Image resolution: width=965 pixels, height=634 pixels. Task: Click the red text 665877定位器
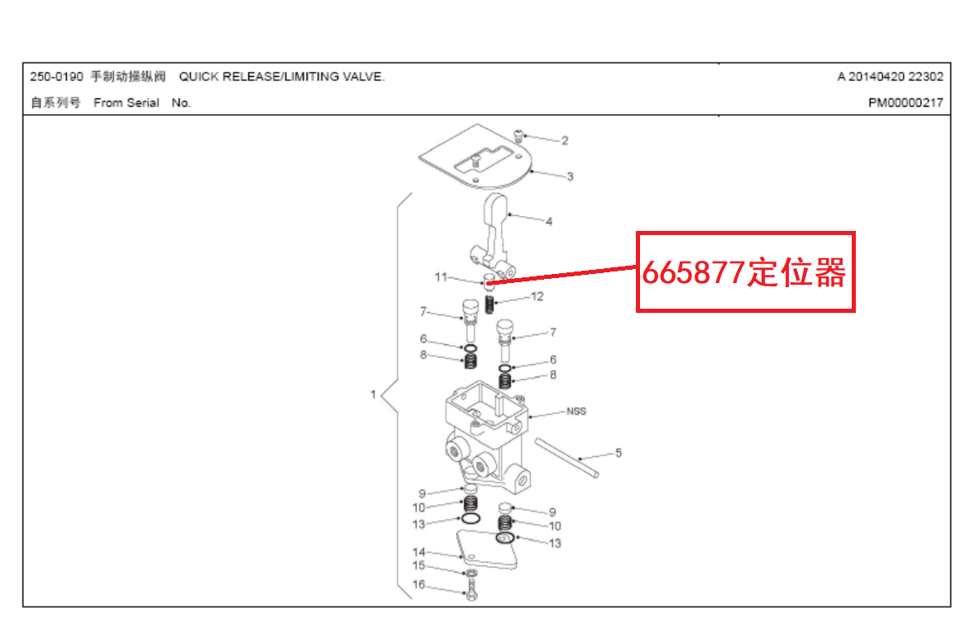(x=744, y=272)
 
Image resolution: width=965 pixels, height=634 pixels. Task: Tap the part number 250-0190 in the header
(x=56, y=77)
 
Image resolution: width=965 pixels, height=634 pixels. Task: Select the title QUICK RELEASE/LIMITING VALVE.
(x=282, y=77)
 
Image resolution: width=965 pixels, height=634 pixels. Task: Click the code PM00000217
(x=905, y=103)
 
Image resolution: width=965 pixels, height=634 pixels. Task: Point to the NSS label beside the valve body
(x=576, y=411)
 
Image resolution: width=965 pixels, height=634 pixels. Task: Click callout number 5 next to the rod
(x=618, y=453)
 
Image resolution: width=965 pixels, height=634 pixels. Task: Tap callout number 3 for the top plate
(x=570, y=176)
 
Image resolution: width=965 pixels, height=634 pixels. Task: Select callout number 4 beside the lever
(x=549, y=221)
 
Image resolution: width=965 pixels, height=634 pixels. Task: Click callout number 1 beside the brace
(x=373, y=395)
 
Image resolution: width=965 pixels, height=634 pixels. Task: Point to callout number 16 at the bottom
(x=418, y=585)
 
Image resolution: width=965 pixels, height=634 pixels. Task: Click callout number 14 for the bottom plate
(x=418, y=552)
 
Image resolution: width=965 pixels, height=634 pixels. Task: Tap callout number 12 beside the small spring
(x=537, y=296)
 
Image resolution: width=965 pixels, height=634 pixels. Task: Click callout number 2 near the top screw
(x=565, y=141)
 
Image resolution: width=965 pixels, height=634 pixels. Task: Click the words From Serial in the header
(x=127, y=103)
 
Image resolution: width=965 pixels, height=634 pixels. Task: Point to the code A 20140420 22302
(x=890, y=77)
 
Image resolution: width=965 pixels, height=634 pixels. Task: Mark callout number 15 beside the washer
(x=418, y=566)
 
